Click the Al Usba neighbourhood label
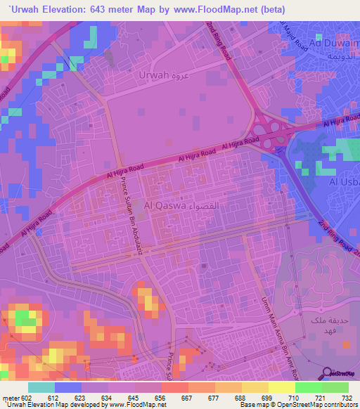pos(345,181)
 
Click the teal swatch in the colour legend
pos(41,387)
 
